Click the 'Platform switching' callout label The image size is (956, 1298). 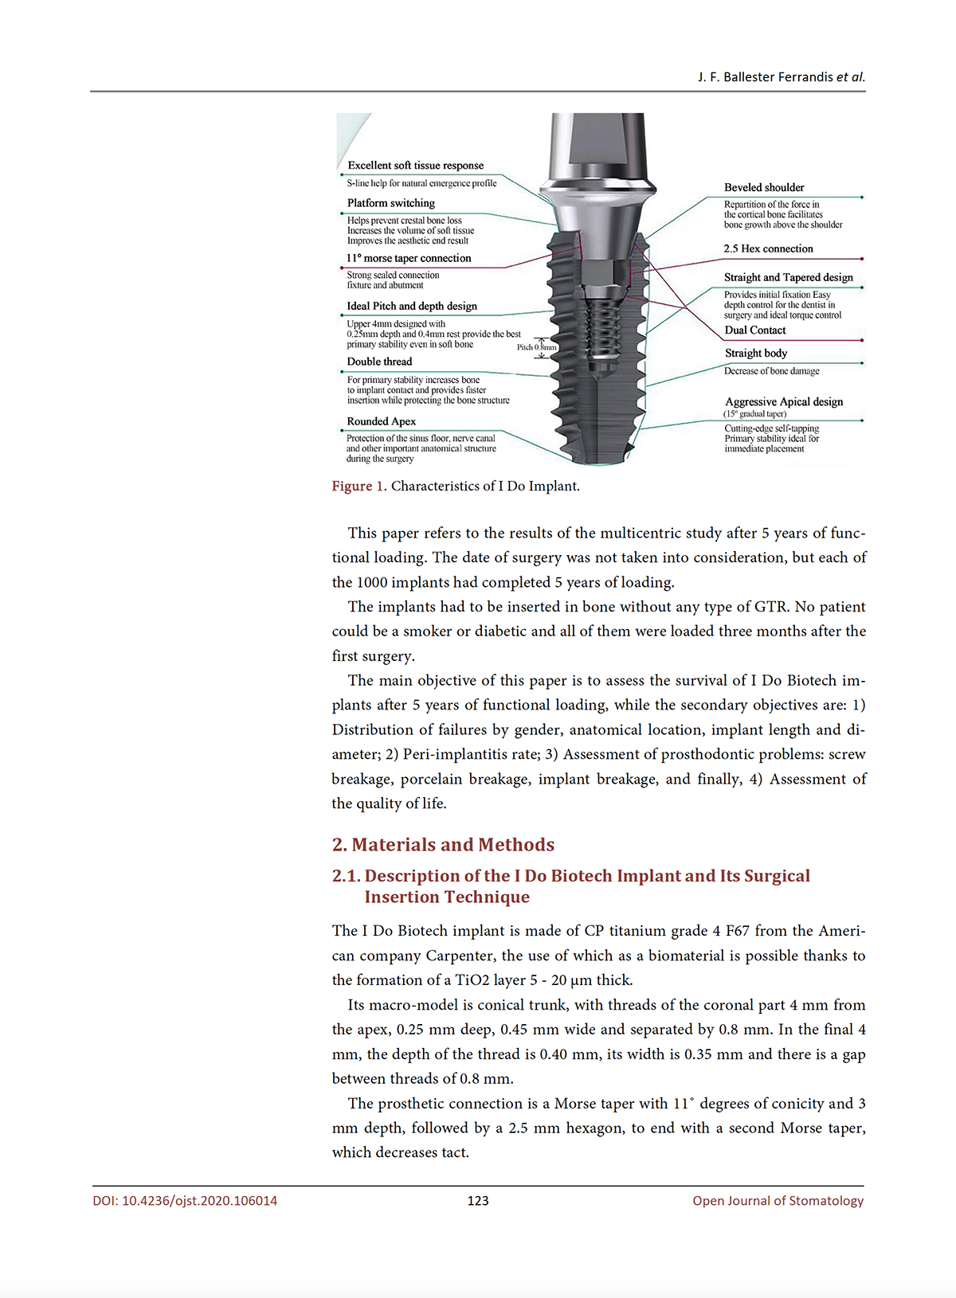click(x=391, y=203)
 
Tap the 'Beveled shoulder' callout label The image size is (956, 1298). click(x=764, y=187)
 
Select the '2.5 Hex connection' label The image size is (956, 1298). click(x=768, y=248)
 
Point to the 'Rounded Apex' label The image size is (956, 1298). click(x=381, y=421)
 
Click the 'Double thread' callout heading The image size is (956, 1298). click(x=379, y=362)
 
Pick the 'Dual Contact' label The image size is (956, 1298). click(x=754, y=330)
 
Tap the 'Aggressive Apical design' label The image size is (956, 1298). click(x=783, y=402)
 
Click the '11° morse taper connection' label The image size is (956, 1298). click(x=409, y=258)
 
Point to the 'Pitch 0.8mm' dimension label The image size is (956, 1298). click(x=536, y=347)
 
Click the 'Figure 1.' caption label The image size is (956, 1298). click(x=359, y=486)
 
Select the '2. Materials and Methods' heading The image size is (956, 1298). click(x=443, y=844)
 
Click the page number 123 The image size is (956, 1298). click(x=478, y=1201)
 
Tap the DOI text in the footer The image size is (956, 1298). click(x=185, y=1201)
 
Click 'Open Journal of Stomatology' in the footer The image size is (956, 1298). click(x=778, y=1201)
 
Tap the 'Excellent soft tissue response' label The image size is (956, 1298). click(x=415, y=166)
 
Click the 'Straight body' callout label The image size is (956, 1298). click(x=755, y=353)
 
